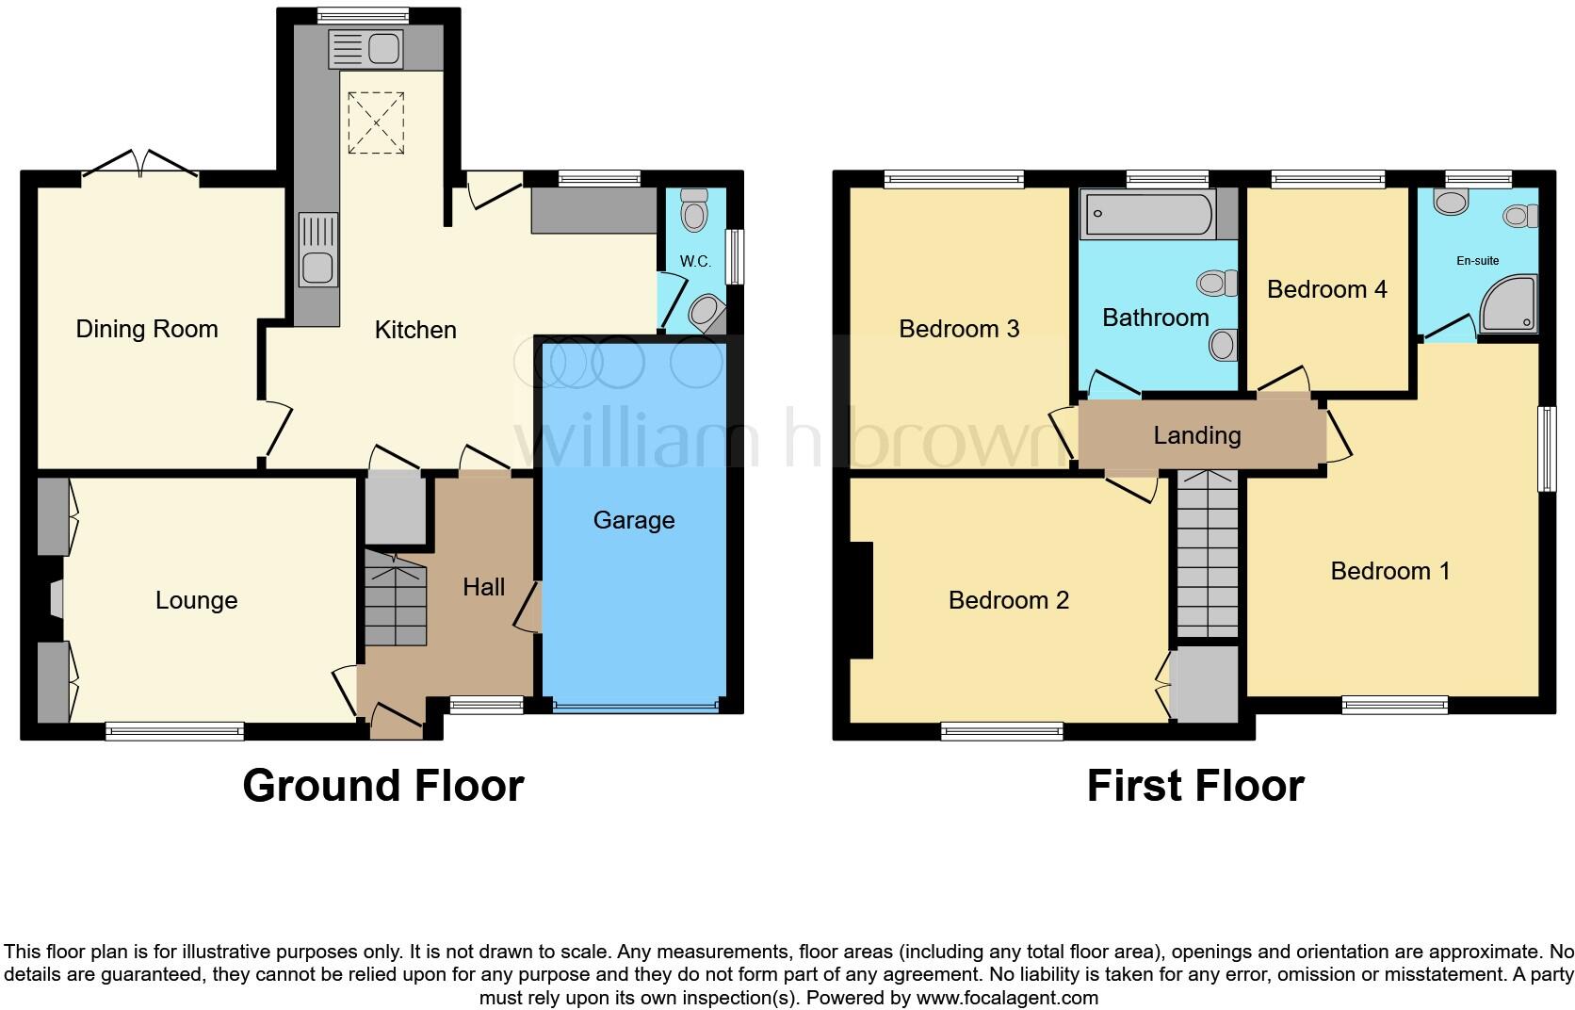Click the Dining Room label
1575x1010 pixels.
(x=147, y=329)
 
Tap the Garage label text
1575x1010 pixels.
(x=634, y=520)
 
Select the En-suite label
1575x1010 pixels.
(x=1477, y=261)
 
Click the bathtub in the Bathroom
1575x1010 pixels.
(x=1147, y=215)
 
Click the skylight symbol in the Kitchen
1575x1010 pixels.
(x=376, y=122)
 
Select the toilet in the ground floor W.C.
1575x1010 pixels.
(x=694, y=209)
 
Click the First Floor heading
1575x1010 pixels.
(x=1194, y=786)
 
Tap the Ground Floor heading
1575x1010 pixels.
(x=382, y=786)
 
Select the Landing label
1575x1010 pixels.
(x=1196, y=435)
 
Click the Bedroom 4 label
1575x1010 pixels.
(x=1326, y=289)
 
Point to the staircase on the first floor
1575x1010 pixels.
(x=1208, y=556)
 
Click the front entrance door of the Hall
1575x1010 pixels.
(x=396, y=722)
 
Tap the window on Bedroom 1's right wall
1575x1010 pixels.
(x=1546, y=448)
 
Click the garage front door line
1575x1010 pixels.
(x=635, y=705)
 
